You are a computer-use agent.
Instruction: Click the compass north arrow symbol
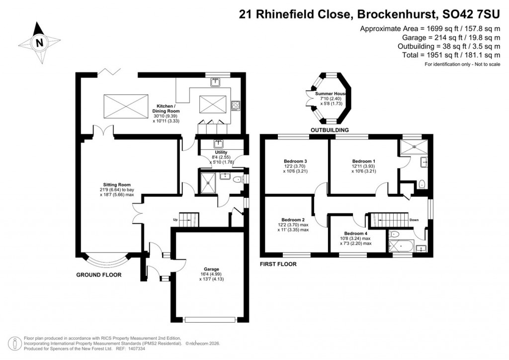(38, 43)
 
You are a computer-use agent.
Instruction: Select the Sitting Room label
(116, 184)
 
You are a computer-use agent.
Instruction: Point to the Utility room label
(221, 153)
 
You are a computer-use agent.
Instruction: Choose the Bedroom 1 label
(363, 162)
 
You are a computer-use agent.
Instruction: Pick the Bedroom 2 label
(293, 220)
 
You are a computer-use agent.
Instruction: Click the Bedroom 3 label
(295, 162)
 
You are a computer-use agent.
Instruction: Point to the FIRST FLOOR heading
(278, 265)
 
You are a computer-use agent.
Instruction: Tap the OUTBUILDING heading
(330, 130)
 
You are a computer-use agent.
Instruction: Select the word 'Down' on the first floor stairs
(415, 219)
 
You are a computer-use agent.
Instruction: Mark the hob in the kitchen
(236, 105)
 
